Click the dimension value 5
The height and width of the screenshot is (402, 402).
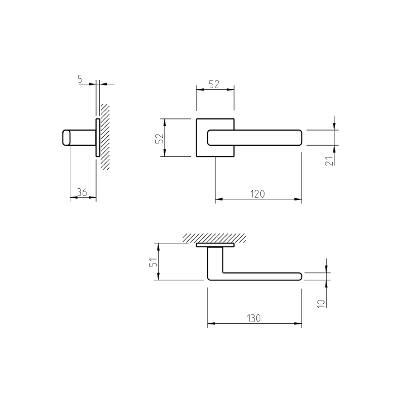click(80, 79)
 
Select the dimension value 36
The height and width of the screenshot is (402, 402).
click(82, 192)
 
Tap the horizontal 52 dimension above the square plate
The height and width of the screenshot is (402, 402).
click(214, 84)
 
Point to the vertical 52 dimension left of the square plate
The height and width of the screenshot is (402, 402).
click(160, 138)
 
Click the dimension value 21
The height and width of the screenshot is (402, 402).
click(329, 161)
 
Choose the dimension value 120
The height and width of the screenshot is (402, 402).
click(257, 194)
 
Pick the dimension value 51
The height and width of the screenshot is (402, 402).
click(154, 262)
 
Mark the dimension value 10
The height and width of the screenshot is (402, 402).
click(321, 304)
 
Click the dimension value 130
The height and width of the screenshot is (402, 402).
click(253, 318)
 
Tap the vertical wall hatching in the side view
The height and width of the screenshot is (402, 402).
click(105, 136)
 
